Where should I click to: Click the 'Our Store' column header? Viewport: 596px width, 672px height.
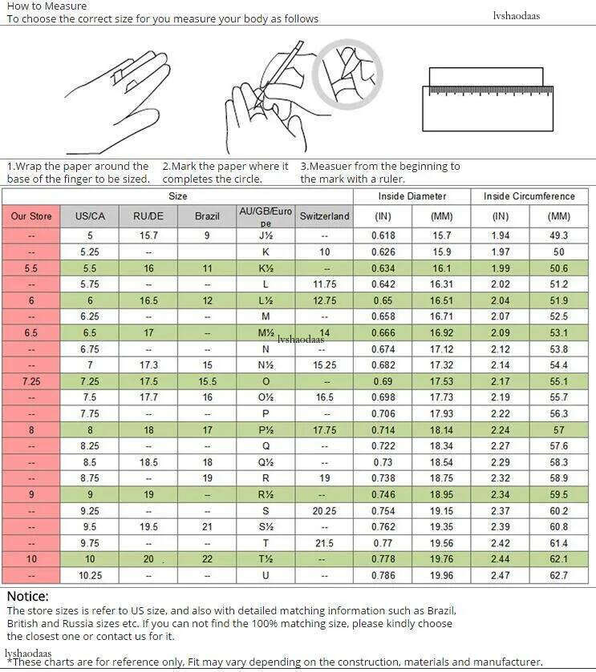point(31,216)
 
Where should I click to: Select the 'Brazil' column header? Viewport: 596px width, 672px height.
point(207,216)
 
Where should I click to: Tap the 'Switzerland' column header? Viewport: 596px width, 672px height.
point(324,216)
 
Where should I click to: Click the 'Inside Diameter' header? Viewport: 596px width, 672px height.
point(412,196)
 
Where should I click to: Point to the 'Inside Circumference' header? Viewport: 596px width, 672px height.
point(529,196)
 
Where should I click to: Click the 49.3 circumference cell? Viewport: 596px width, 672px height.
point(559,235)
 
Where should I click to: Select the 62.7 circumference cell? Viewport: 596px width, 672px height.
point(559,576)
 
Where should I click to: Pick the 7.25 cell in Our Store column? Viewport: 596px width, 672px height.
point(31,382)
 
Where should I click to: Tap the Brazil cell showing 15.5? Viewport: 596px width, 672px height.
point(207,382)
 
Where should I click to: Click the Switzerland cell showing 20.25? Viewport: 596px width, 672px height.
point(324,511)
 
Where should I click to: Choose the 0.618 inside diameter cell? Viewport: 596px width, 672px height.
point(383,235)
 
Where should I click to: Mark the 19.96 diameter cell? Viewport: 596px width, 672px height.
point(441,576)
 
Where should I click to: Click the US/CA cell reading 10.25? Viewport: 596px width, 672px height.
point(90,576)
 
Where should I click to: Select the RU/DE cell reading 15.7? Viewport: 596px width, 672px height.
point(148,235)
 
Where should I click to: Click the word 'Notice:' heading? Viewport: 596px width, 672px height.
point(28,596)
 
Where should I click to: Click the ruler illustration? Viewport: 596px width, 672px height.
point(488,99)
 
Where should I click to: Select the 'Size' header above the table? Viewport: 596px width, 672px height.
point(178,196)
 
